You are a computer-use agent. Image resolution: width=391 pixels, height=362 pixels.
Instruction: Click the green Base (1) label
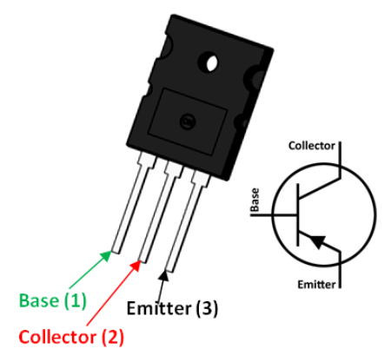coord(53,300)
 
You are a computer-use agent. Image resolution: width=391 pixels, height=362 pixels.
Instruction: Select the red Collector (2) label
coord(71,337)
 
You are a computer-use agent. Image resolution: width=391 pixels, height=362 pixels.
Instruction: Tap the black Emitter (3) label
coord(172,308)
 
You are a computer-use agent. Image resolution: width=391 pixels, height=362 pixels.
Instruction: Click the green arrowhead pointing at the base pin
coord(106,255)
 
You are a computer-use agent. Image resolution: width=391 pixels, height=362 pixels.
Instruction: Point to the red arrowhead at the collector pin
coord(136,265)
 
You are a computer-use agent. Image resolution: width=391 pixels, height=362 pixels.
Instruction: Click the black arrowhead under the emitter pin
coord(163,276)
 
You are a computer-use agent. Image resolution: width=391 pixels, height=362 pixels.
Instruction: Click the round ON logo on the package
coord(188,122)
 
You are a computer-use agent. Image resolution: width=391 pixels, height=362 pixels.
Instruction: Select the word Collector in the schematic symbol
coord(312,146)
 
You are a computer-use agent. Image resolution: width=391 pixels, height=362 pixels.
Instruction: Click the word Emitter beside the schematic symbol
coord(316,285)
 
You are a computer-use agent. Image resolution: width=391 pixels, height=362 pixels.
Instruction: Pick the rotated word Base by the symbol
coord(255,200)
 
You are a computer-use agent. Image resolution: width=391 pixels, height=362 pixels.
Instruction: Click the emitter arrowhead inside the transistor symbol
coord(316,241)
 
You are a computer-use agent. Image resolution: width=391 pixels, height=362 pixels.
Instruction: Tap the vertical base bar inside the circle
coord(297,214)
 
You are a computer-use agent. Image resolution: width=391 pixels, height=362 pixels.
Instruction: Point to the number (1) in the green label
coord(75,300)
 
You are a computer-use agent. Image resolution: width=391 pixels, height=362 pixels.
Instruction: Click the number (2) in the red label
coord(113,337)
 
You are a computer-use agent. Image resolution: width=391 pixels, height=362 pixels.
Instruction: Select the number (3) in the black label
coord(207,308)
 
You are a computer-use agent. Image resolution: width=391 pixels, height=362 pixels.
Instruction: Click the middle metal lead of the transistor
coord(159,214)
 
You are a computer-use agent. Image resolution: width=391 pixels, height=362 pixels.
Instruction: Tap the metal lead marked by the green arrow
coord(131,204)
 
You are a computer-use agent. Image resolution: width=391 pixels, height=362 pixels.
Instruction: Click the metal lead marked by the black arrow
coord(186,222)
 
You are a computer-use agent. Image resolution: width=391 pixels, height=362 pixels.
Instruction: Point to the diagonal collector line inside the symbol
coord(319,188)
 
